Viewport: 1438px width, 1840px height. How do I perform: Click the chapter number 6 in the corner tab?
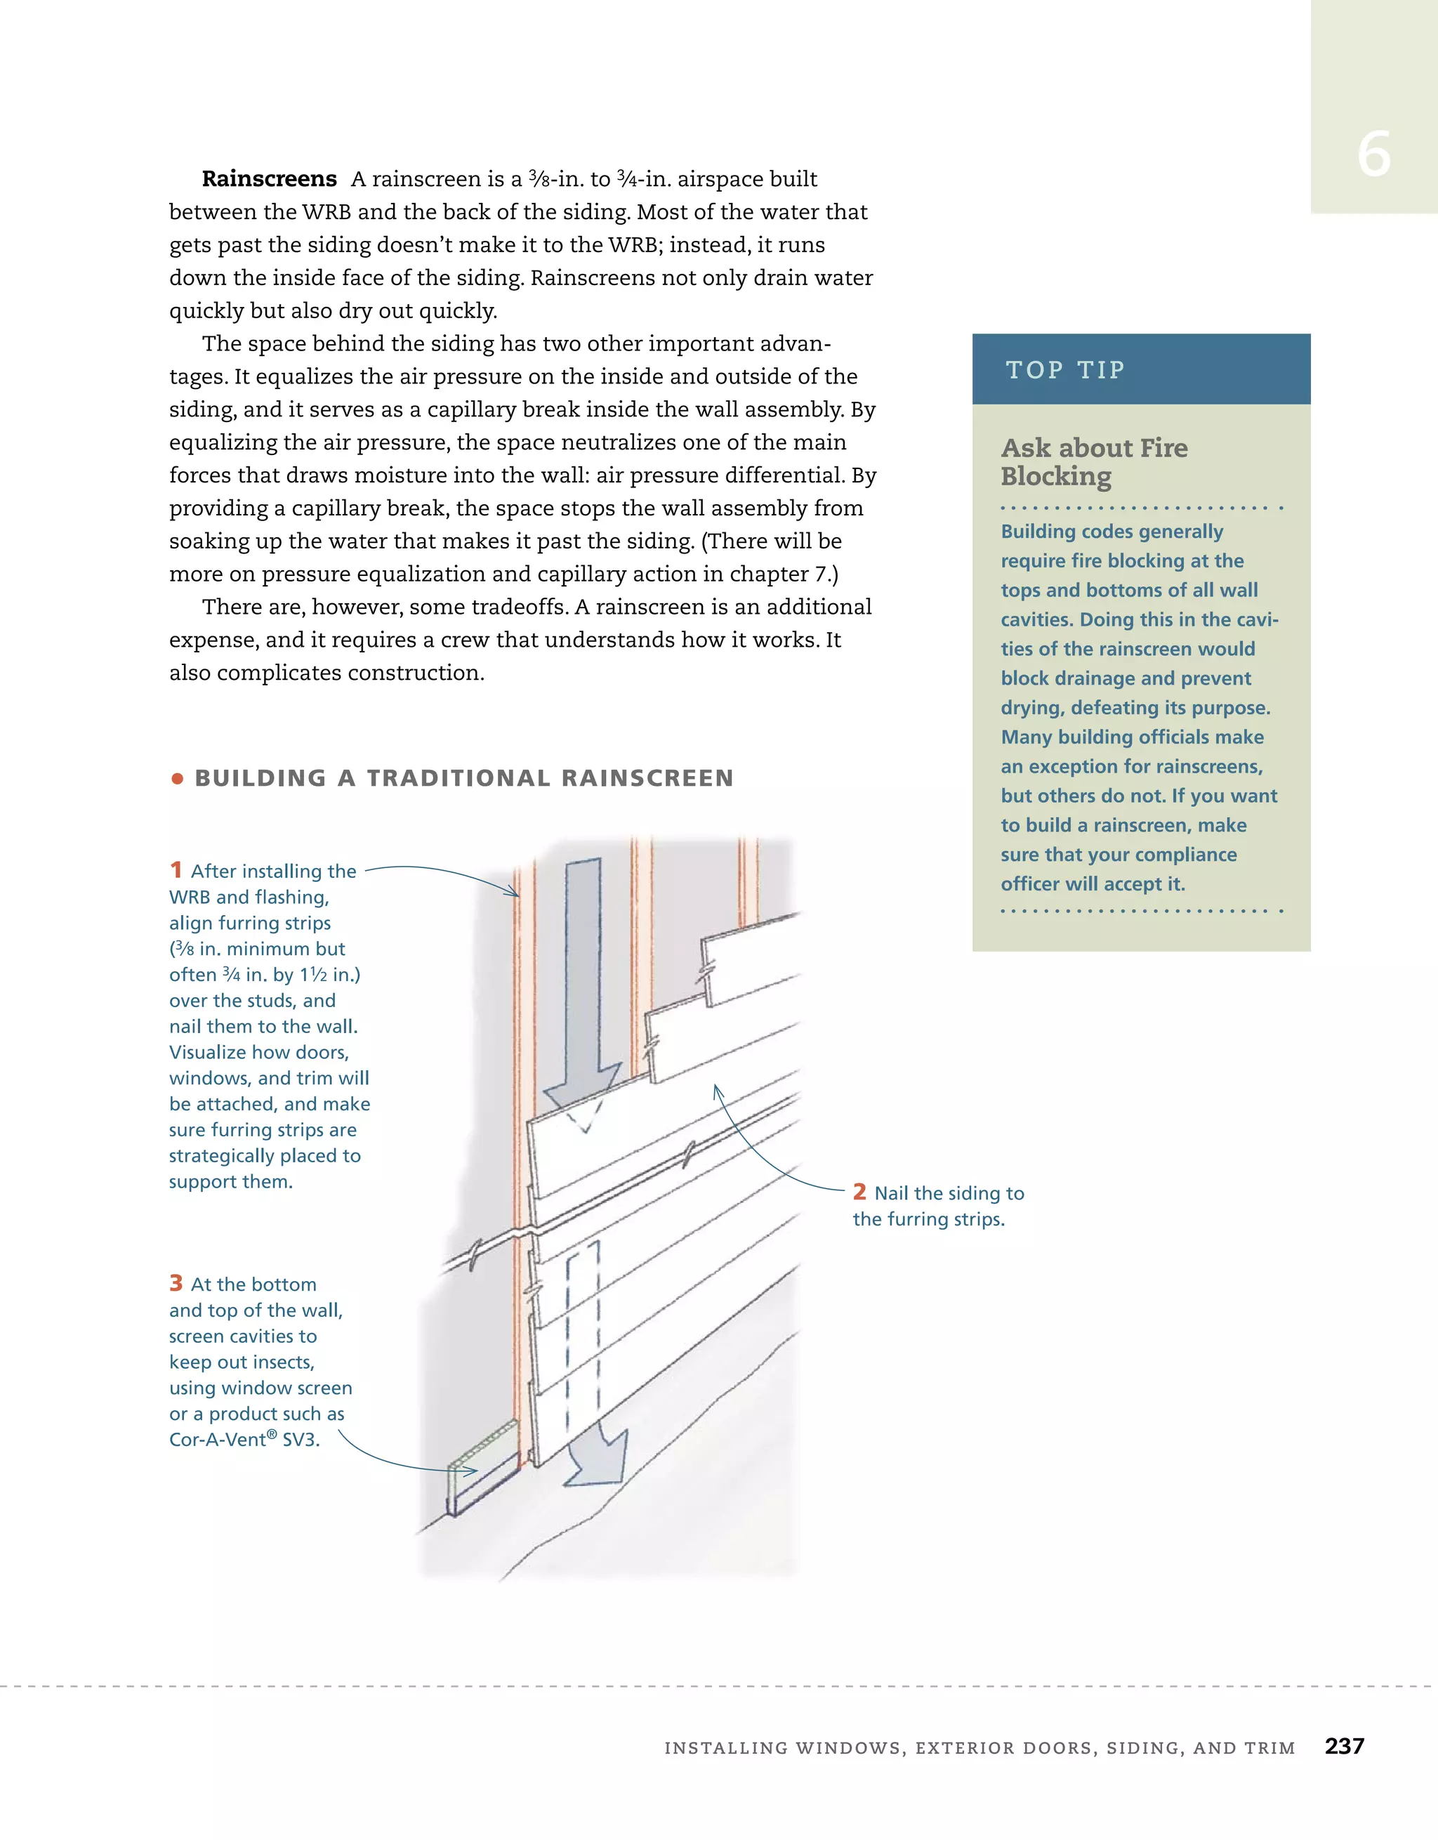click(1373, 155)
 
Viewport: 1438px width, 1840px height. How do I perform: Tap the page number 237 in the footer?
click(1344, 1746)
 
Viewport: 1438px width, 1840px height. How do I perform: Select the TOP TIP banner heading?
click(1065, 370)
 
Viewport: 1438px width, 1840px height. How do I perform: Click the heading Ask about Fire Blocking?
click(1093, 461)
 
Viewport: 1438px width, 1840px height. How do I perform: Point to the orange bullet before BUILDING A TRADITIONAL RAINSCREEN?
click(177, 778)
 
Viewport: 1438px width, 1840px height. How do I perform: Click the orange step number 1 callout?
click(176, 869)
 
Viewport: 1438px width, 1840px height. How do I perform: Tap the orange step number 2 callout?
click(859, 1191)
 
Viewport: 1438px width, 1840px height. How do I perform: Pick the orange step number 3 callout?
click(176, 1283)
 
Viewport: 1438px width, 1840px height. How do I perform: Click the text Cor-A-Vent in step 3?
click(218, 1440)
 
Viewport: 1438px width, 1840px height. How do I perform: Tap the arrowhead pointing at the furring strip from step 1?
click(515, 893)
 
